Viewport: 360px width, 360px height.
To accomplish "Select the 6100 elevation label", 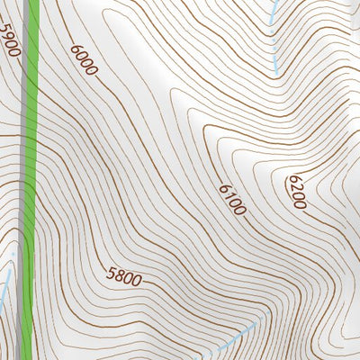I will tap(231, 199).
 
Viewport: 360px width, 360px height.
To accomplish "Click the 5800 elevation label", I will tap(123, 278).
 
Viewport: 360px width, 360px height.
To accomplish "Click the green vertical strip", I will tap(31, 180).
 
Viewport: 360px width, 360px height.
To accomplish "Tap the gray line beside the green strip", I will tap(21, 180).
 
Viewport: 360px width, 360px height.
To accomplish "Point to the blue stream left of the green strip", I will tap(6, 288).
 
